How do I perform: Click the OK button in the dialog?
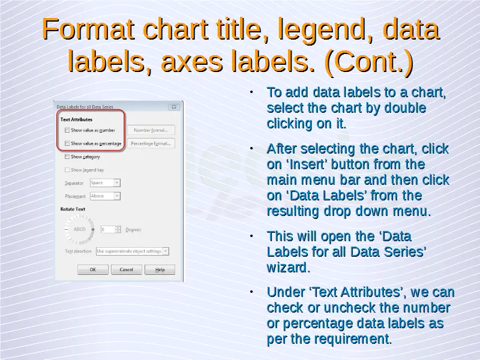pos(93,269)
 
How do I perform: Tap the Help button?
pos(160,269)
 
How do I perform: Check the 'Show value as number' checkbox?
pos(67,130)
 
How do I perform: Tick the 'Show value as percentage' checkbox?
pos(67,143)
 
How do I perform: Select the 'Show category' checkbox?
pos(67,157)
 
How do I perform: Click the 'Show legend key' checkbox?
pos(67,170)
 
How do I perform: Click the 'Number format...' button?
pos(151,130)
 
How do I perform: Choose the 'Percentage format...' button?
pos(151,143)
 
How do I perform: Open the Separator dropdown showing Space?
pos(105,183)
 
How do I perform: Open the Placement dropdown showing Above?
pos(105,196)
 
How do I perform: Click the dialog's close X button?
pos(174,107)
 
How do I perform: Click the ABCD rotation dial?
pos(80,229)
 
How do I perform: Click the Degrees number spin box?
pos(110,229)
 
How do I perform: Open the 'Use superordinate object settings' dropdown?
pos(132,251)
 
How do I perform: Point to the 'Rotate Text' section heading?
pos(73,209)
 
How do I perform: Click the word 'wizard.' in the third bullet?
pos(289,267)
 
